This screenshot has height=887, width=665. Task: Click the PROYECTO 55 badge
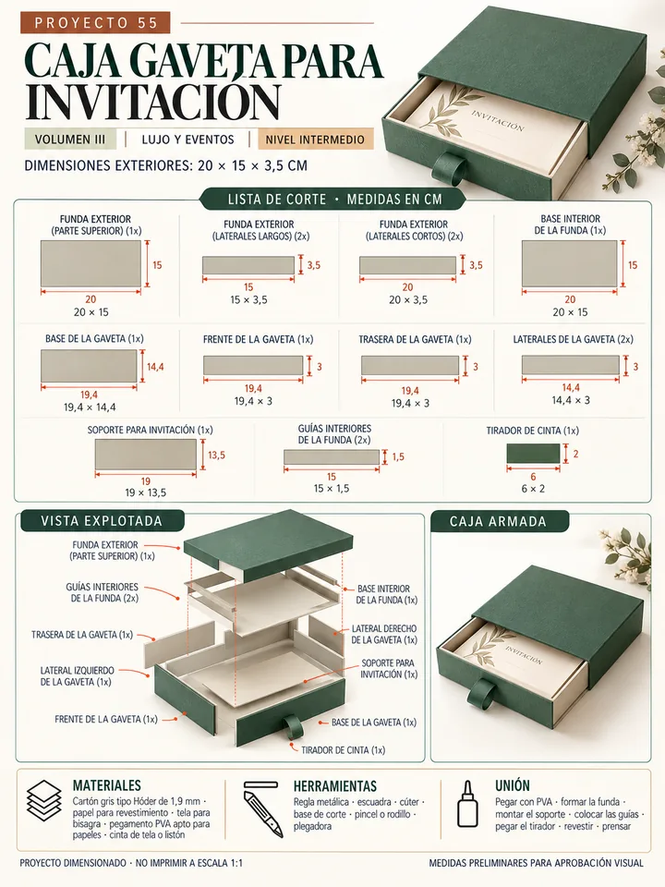95,22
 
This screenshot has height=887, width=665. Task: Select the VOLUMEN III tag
70,140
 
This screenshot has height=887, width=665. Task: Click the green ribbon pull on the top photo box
450,164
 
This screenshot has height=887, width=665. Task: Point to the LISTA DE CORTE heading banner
334,200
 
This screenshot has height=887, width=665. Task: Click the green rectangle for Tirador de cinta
533,453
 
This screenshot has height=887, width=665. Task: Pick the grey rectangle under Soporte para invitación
146,455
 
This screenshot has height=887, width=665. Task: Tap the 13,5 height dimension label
216,455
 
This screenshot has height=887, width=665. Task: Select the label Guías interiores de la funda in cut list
334,434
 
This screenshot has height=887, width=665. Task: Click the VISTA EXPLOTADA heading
102,521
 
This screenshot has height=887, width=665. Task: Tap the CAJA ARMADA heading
498,521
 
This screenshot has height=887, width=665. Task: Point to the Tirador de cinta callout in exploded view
343,750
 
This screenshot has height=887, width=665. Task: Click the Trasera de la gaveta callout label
82,635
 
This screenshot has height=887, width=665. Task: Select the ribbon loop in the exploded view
293,726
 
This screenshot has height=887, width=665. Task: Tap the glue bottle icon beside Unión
468,806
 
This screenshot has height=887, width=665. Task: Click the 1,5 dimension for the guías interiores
398,456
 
